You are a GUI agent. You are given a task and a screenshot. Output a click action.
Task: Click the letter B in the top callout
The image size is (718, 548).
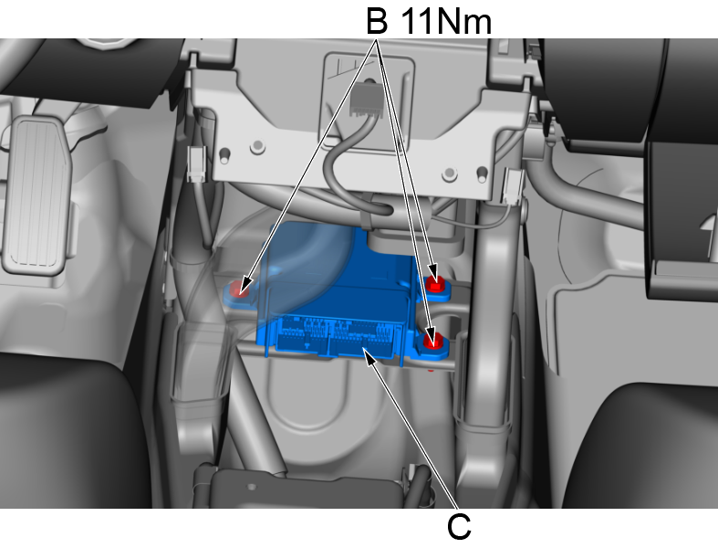pos(377,21)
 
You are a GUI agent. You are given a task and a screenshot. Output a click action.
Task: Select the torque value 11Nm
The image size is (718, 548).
pos(446,22)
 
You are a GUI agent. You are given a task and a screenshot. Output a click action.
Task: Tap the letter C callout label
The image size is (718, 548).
pos(459,526)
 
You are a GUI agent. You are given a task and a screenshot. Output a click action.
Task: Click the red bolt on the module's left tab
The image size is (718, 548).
pos(238,289)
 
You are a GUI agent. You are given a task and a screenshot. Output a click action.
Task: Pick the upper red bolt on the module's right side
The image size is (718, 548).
pos(435,284)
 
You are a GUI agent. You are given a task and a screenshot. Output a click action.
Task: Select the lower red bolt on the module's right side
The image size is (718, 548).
pos(433,341)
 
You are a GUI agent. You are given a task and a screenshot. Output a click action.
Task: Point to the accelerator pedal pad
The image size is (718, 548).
pos(37,195)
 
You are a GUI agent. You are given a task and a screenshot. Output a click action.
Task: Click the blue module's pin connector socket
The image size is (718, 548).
pos(337,336)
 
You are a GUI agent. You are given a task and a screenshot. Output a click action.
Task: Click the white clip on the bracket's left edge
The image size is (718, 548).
pos(197,163)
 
